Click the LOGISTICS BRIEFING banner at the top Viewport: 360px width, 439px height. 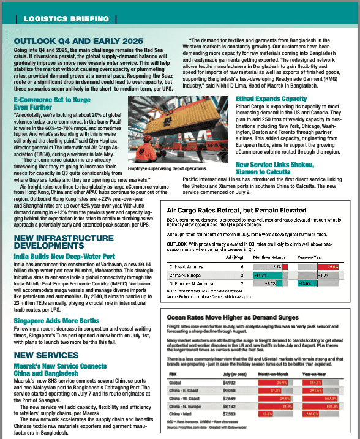pyautogui.click(x=62, y=19)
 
